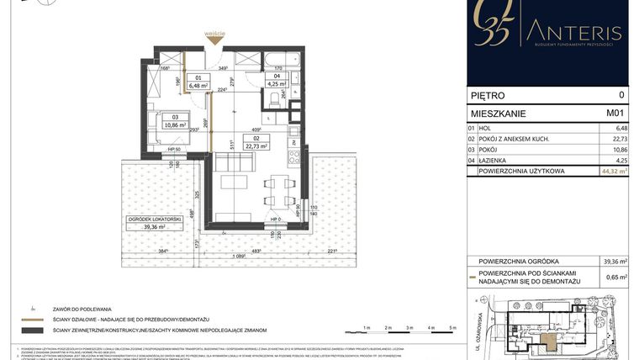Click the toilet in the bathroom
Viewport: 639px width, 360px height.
(275, 101)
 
